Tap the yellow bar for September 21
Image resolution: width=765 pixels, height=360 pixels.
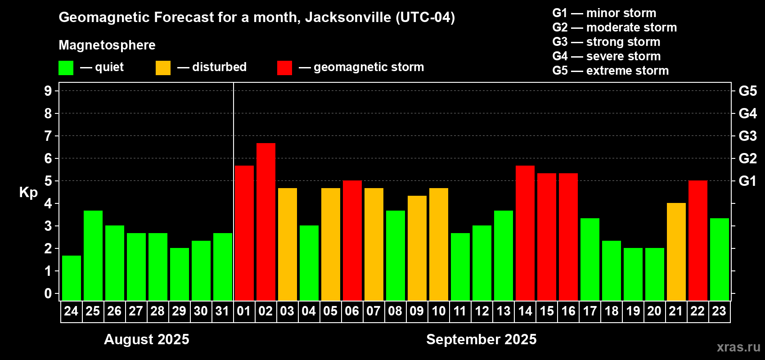(676, 252)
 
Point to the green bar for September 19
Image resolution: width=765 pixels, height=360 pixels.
(633, 274)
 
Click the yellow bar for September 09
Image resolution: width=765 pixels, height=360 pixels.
(417, 248)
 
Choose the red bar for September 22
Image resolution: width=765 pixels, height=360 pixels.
(698, 240)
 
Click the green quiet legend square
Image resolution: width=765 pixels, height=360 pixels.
(66, 68)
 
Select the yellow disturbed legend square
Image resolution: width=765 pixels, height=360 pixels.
(163, 68)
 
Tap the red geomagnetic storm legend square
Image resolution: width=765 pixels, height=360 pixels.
(284, 68)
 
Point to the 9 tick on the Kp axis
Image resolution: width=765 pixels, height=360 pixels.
(48, 91)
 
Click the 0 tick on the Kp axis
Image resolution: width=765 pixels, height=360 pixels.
(48, 293)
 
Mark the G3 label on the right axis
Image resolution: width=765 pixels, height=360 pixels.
(747, 136)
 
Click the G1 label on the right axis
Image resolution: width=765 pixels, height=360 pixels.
(747, 181)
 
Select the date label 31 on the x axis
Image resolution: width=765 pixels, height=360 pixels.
(222, 311)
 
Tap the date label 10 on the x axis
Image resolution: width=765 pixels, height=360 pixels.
(438, 311)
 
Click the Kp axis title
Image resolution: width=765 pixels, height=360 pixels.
(28, 193)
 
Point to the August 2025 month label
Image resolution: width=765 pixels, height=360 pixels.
(147, 339)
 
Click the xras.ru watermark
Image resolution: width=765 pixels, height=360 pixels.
(738, 347)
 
